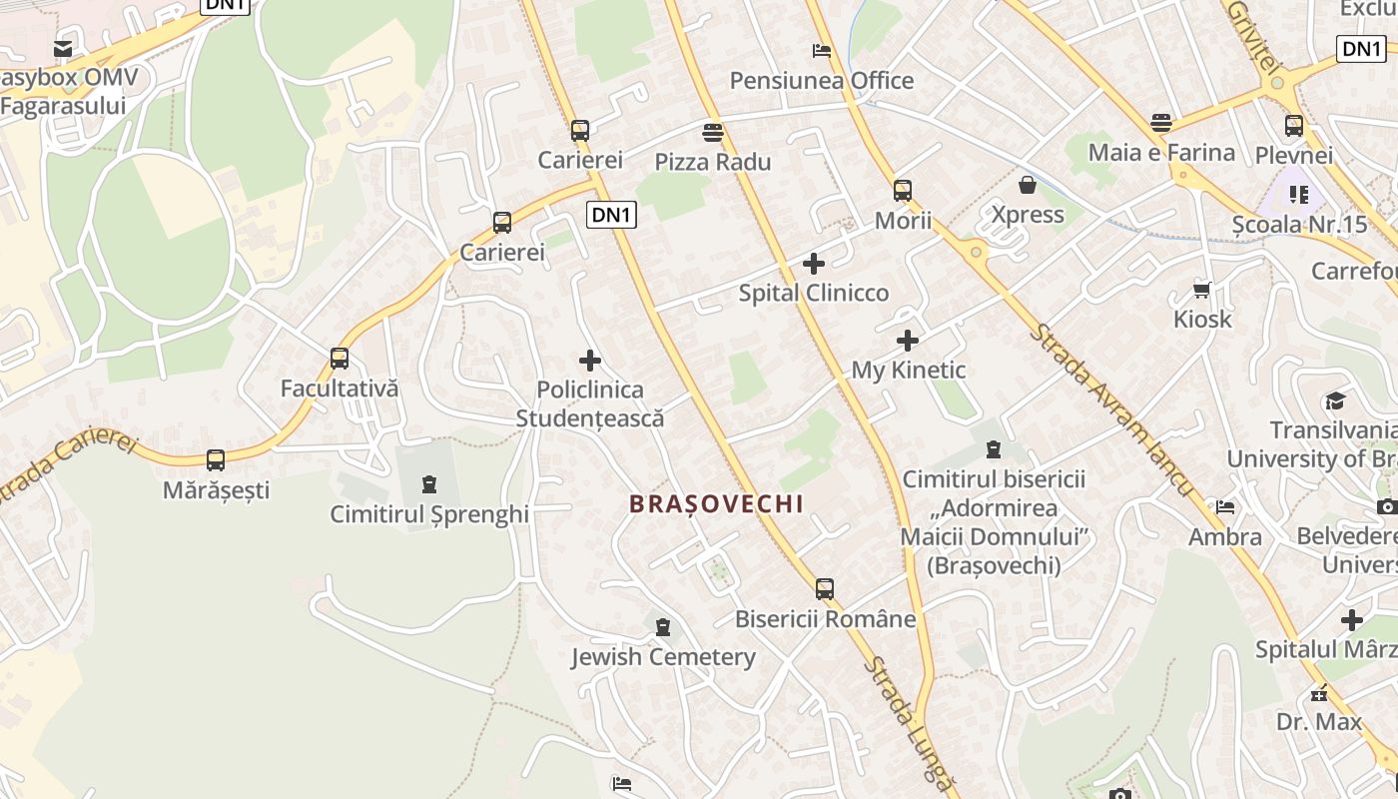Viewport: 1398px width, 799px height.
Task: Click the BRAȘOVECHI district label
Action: [x=716, y=504]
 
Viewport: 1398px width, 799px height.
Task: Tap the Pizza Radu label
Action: [x=713, y=162]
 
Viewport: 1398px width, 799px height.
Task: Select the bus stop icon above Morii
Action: [x=903, y=190]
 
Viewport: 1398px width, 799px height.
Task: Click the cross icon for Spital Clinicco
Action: [x=814, y=264]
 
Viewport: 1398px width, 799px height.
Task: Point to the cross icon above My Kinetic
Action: [x=908, y=342]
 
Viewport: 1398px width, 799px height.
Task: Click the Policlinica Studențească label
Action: [x=590, y=403]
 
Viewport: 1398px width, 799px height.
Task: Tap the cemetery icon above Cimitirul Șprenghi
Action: [x=429, y=484]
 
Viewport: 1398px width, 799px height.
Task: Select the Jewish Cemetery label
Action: [x=663, y=657]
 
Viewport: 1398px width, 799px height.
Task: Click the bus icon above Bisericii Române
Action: [x=825, y=589]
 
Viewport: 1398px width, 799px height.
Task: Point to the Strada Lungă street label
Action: [x=909, y=724]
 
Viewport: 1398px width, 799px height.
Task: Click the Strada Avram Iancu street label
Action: [x=1111, y=408]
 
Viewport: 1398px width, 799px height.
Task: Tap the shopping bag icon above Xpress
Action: [x=1028, y=185]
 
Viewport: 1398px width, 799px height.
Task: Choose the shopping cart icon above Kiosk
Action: [x=1202, y=290]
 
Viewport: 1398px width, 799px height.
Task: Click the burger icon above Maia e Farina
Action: [x=1160, y=123]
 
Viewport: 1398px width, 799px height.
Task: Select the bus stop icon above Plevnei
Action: [x=1294, y=126]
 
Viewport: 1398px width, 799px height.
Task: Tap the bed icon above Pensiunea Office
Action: [x=822, y=50]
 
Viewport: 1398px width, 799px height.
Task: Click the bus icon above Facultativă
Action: [x=340, y=359]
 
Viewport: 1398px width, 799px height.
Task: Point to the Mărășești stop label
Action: [x=216, y=490]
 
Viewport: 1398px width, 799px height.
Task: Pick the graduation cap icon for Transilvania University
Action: [x=1335, y=401]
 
